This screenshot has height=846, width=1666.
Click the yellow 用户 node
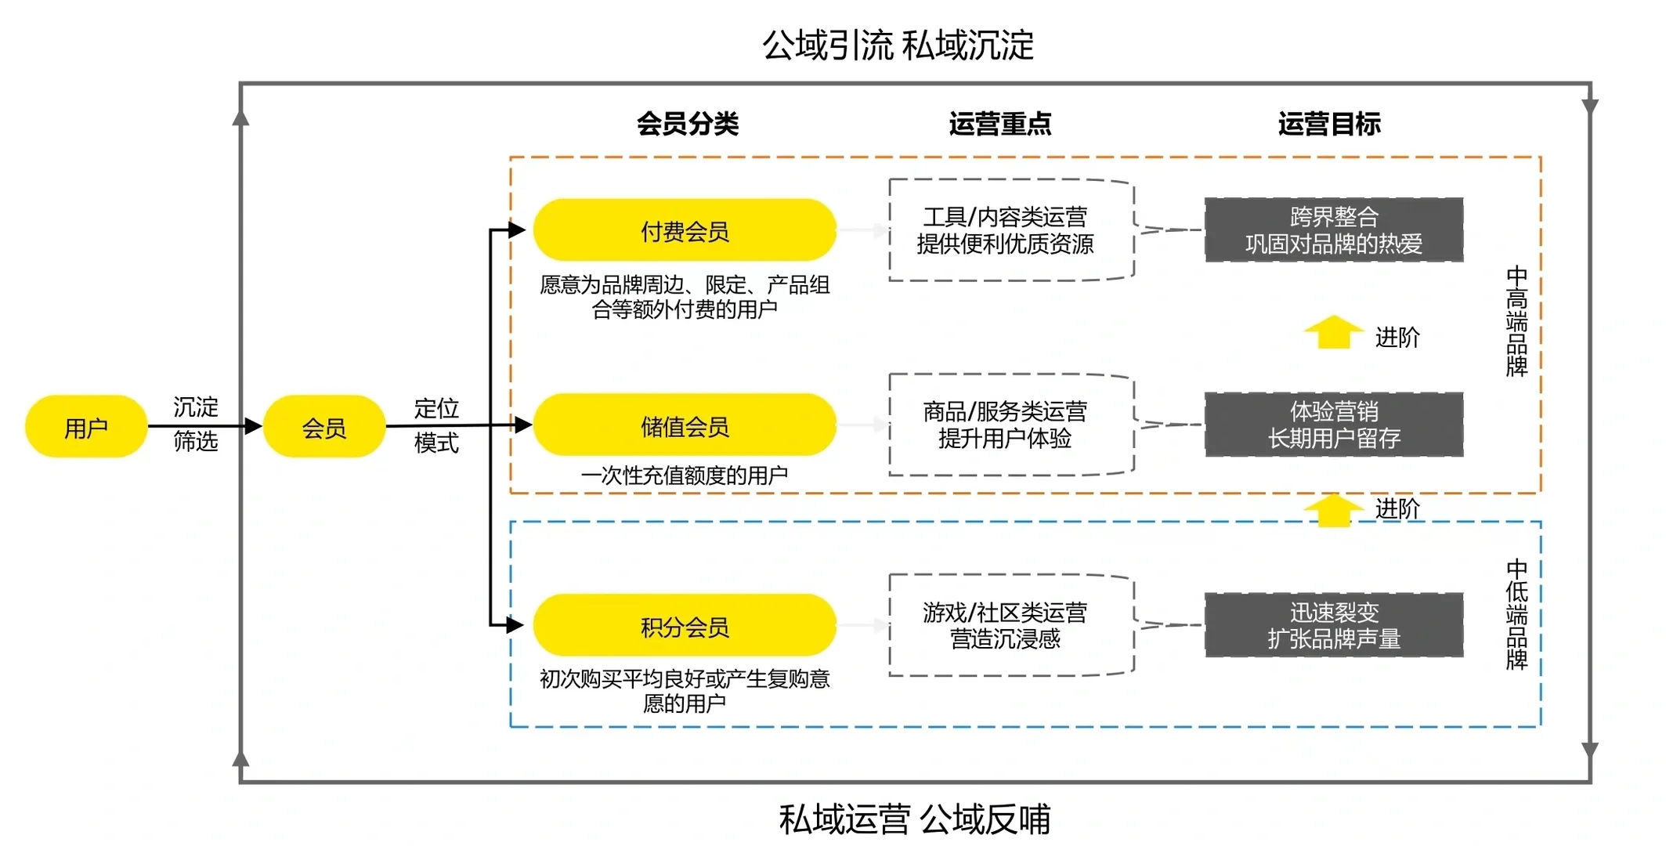pos(86,427)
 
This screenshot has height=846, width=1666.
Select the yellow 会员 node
pos(324,427)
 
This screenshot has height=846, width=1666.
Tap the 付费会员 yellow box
pos(685,230)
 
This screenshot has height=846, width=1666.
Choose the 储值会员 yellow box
pos(685,425)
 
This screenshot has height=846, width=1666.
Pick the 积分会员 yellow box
pos(685,626)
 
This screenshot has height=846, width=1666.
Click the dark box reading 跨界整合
pos(1333,230)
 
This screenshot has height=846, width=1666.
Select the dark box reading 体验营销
pos(1333,425)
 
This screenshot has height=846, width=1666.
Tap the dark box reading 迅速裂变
pos(1333,625)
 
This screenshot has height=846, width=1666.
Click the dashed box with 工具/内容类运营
pos(1010,230)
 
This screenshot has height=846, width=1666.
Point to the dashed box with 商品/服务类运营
pos(1010,425)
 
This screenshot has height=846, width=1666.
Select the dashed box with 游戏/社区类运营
pos(1010,625)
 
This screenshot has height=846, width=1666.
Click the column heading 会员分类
pos(687,124)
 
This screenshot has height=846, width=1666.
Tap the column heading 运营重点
pos(999,124)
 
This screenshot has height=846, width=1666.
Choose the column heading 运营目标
pos(1329,124)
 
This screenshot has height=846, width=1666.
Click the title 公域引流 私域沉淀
pos(898,45)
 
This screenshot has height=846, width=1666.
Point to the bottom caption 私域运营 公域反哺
pos(914,819)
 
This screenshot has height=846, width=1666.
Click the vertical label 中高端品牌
pos(1516,321)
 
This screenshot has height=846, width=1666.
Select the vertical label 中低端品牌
pos(1516,614)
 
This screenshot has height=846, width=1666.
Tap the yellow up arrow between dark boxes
pos(1333,333)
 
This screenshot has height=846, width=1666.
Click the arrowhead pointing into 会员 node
pos(253,426)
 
